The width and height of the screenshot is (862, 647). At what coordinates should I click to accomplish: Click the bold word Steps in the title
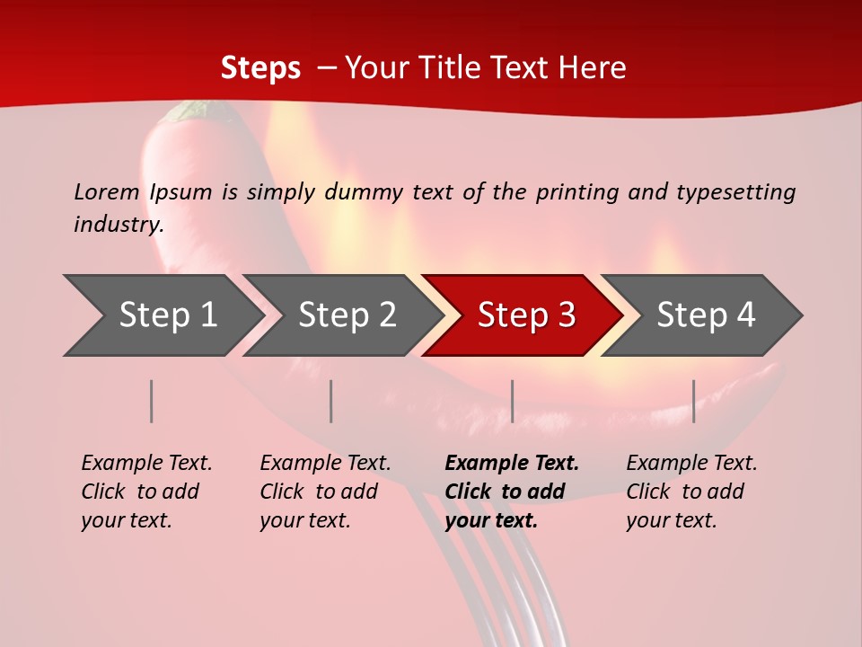pos(260,68)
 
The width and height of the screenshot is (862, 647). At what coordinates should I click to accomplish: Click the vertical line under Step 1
pos(152,401)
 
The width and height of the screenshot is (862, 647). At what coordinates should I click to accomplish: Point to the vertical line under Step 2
pos(331,401)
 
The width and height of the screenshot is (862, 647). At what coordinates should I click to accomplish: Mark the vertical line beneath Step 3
pos(512,401)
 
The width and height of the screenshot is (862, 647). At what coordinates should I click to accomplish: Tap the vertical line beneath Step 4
pos(693,401)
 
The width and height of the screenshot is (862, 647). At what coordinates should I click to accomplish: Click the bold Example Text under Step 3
pos(511,491)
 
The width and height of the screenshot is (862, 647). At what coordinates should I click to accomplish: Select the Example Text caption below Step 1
pos(146,491)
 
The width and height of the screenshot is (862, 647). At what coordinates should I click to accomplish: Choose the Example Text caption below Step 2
pos(325,491)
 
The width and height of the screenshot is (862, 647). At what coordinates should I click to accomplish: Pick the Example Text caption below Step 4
pos(690,491)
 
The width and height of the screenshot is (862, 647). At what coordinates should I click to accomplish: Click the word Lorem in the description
pos(106,191)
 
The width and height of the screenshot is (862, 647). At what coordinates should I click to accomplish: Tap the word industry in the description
pos(118,225)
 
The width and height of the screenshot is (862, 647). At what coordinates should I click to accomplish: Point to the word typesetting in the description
pos(735,192)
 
